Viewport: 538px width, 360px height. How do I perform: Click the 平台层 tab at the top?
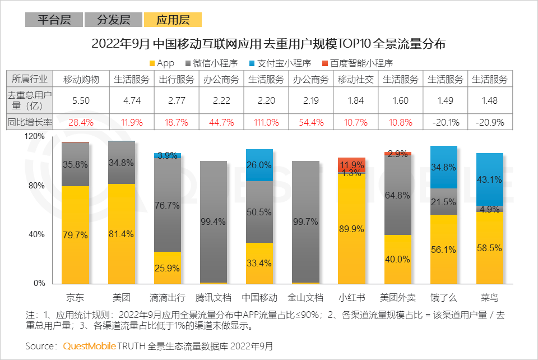point(54,20)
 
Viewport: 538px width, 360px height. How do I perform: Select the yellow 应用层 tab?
point(173,20)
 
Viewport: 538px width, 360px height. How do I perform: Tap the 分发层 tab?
point(113,20)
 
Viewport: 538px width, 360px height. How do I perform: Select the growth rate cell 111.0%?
point(266,122)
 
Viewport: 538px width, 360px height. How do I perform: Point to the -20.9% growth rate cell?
point(490,122)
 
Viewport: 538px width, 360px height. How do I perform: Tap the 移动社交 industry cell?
point(356,79)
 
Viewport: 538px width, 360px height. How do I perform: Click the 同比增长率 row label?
point(30,122)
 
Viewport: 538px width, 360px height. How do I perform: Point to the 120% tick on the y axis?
point(35,136)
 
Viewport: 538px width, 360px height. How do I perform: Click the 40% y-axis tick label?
point(37,234)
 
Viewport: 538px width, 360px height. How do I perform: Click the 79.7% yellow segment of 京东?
point(76,234)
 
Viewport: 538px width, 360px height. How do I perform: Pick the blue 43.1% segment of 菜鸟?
point(490,179)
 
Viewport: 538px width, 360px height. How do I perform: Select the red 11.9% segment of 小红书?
point(351,165)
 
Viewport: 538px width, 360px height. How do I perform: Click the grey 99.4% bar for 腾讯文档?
point(214,221)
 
